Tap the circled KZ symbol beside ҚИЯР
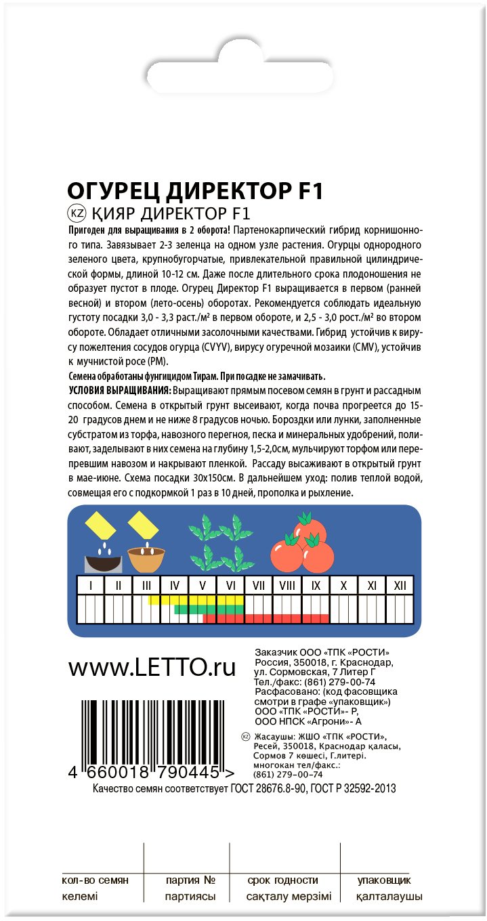(x=77, y=214)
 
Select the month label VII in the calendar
(x=258, y=585)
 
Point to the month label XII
(x=400, y=585)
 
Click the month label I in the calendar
(x=91, y=585)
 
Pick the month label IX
(x=315, y=585)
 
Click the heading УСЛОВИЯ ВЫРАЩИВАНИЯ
(x=120, y=391)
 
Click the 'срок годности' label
(x=283, y=880)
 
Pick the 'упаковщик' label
(x=384, y=880)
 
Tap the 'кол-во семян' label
(x=95, y=880)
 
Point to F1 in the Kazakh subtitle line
(x=240, y=214)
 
